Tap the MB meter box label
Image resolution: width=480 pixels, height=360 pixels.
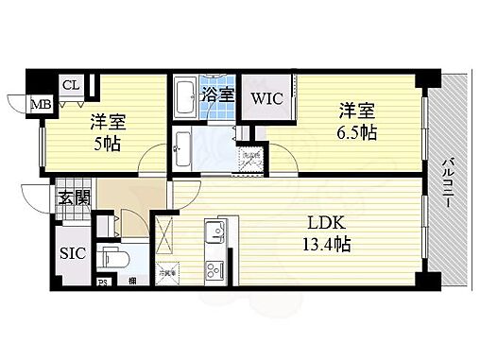coord(43,104)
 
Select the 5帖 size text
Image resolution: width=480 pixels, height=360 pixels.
coord(107,143)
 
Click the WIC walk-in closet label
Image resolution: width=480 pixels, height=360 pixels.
coord(267,97)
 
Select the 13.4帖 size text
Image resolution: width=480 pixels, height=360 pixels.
coord(323,245)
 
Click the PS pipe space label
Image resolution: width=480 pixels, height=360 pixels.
coord(104,281)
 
